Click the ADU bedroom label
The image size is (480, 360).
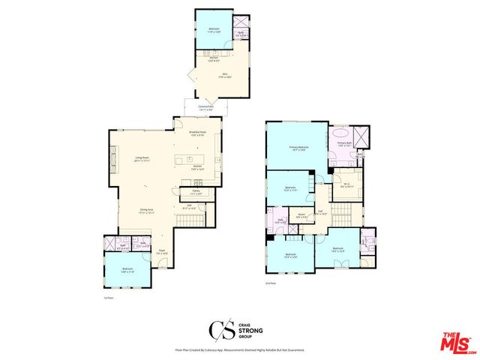click(213, 30)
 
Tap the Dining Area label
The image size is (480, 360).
click(146, 212)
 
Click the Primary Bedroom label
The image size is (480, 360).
click(299, 148)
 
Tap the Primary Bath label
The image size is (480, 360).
click(343, 144)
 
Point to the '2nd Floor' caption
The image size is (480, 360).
click(271, 283)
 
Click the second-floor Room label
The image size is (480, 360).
click(301, 214)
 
